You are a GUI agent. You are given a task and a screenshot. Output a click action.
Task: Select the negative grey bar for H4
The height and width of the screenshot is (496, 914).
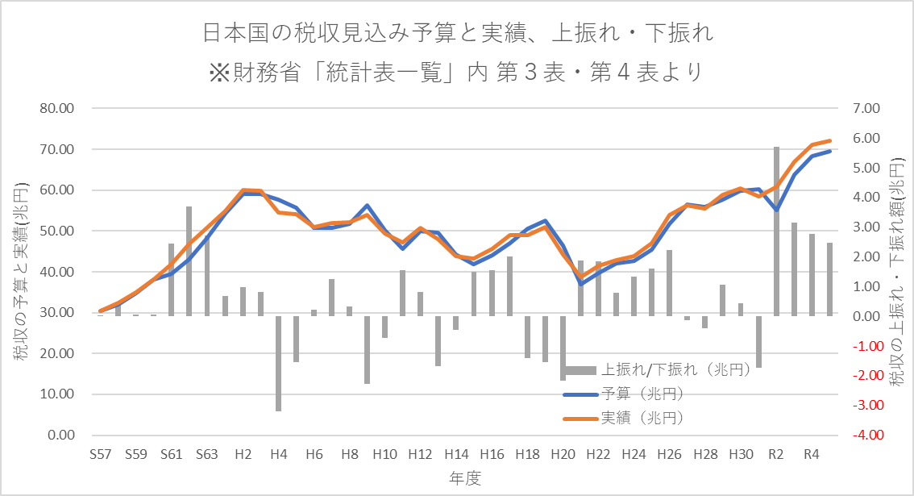[x=278, y=363]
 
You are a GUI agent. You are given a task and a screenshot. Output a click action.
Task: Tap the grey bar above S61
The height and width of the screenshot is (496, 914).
[x=171, y=279]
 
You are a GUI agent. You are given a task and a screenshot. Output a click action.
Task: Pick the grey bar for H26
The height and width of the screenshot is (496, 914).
[x=669, y=282]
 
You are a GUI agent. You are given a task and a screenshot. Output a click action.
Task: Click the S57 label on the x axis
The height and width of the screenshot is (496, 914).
[x=101, y=454]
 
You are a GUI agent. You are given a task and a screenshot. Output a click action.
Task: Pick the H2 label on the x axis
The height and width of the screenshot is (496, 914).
[x=243, y=454]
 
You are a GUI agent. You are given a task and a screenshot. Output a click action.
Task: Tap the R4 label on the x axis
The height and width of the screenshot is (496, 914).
[x=812, y=454]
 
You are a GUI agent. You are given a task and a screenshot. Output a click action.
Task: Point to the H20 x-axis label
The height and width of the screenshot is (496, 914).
[x=563, y=454]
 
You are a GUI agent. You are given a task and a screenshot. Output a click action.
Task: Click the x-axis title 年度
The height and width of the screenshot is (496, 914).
[x=465, y=478]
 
